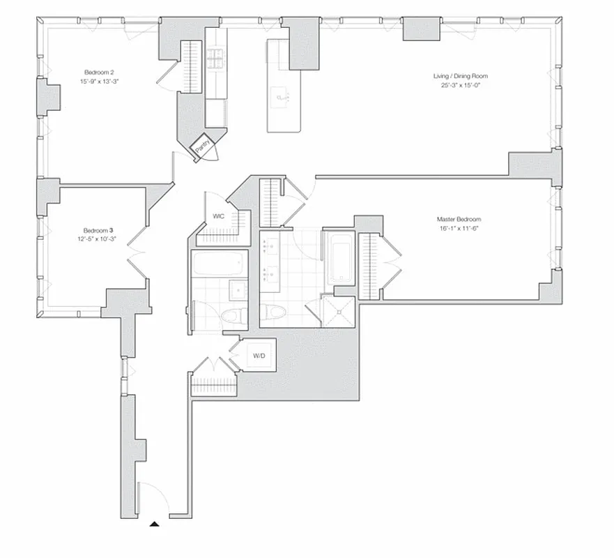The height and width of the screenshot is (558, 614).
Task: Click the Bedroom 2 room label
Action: pos(100,72)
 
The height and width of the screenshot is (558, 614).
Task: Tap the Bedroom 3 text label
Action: pos(98,231)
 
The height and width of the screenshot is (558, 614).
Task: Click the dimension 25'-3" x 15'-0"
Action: pos(461,84)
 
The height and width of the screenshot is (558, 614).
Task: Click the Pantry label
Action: pos(203,146)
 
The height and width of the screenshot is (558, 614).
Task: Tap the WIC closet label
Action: pos(218,216)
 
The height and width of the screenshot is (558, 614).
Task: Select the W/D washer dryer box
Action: pos(259,356)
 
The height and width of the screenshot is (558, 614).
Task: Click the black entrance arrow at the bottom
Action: pos(155,522)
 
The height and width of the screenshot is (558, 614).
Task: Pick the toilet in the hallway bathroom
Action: pos(230,316)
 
